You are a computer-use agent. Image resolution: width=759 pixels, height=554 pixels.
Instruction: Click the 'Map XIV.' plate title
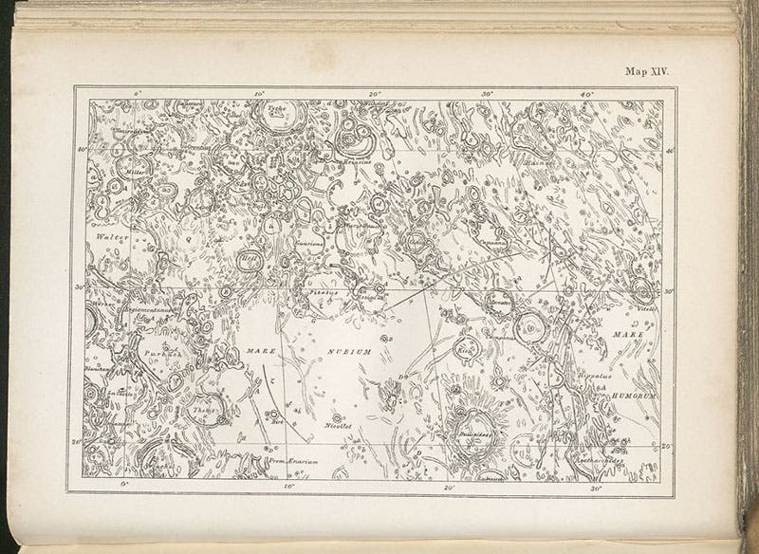click(x=646, y=70)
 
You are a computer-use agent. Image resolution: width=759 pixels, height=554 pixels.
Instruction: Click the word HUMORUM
click(x=632, y=349)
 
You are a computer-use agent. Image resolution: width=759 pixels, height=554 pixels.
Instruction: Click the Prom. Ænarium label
click(x=289, y=461)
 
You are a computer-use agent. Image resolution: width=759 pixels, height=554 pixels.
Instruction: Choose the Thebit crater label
click(x=203, y=411)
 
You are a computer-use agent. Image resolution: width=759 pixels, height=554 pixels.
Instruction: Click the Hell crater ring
click(x=250, y=259)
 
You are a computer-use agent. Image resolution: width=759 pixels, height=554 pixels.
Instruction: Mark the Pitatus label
click(x=324, y=293)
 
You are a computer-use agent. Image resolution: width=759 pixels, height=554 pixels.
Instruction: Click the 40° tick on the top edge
click(x=586, y=94)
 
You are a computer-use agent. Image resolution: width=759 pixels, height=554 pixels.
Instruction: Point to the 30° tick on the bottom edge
click(x=597, y=487)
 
